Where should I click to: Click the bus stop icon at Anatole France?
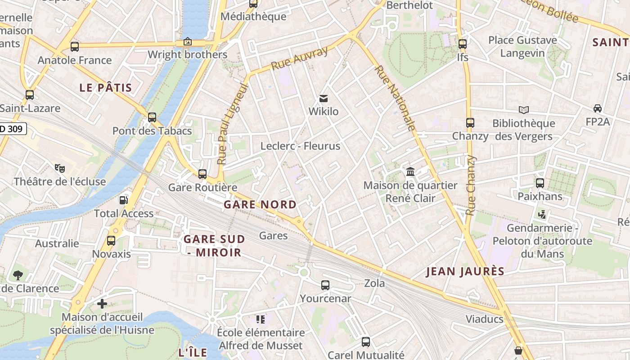tap(75, 46)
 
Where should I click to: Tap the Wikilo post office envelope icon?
tap(323, 99)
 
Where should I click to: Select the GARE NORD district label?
tap(260, 205)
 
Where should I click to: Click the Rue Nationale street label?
tap(395, 98)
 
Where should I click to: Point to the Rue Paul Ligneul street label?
tap(233, 123)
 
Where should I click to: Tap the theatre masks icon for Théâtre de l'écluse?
tap(59, 168)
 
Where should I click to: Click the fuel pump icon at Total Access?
tap(123, 200)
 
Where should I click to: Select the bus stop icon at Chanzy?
tap(470, 122)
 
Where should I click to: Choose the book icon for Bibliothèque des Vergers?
tap(523, 110)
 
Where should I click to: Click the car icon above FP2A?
tap(597, 108)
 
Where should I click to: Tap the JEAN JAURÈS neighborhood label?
tap(465, 271)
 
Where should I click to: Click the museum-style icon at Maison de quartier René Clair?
tap(410, 172)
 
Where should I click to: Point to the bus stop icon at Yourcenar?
tap(325, 285)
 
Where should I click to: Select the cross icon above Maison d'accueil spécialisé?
tap(102, 304)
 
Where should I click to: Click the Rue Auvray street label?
tap(299, 59)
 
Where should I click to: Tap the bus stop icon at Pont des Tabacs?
tap(152, 117)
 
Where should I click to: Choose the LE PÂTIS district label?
tap(106, 88)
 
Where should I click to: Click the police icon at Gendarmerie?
tap(542, 215)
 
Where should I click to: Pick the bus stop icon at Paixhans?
tap(540, 183)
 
